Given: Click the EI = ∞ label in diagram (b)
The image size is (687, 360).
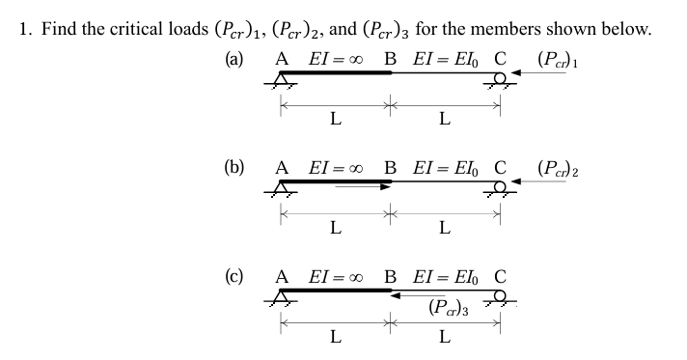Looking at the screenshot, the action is pyautogui.click(x=333, y=165).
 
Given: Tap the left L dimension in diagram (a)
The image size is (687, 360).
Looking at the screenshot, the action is pyautogui.click(x=334, y=120).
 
